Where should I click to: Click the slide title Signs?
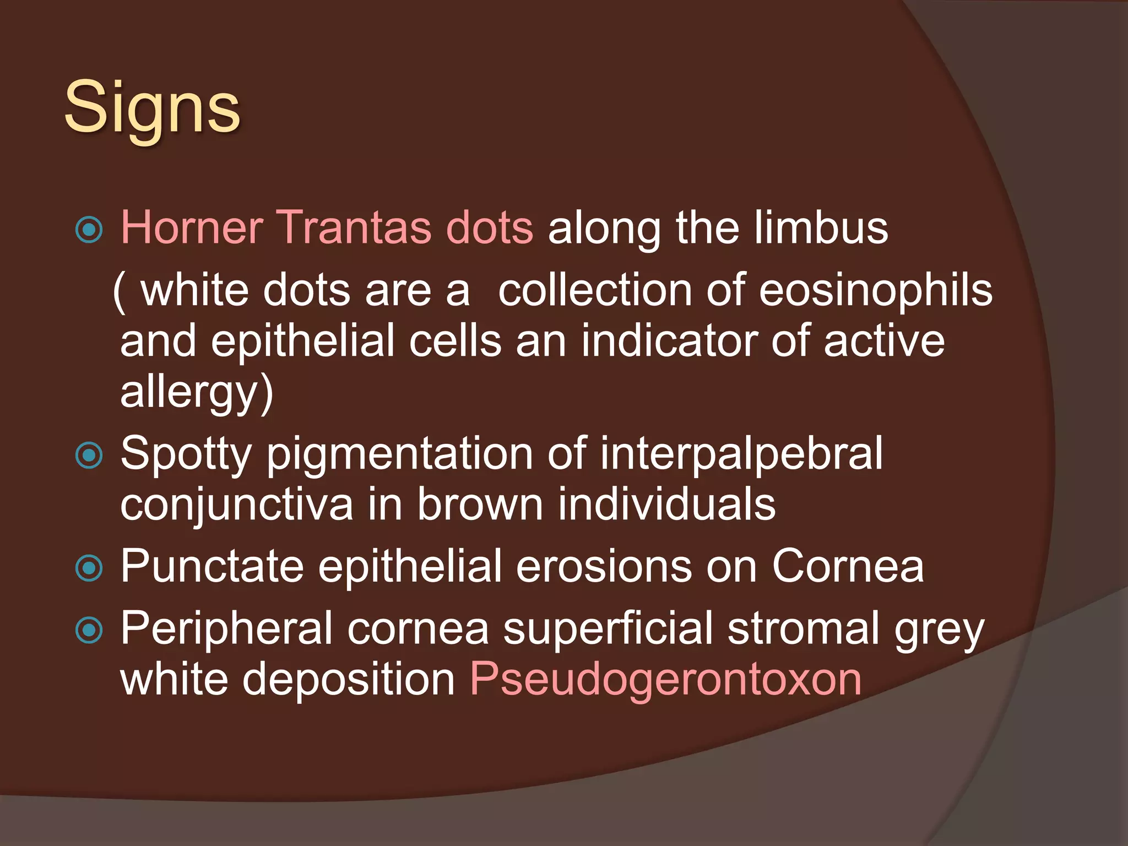[x=152, y=107]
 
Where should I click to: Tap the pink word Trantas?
[x=356, y=227]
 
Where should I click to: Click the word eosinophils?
[x=876, y=291]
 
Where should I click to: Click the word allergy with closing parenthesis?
[x=197, y=392]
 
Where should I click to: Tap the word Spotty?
[x=186, y=454]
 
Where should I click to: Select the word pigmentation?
[x=400, y=454]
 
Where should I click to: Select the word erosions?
[x=604, y=567]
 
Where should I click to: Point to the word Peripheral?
[x=226, y=629]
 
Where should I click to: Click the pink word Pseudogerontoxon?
[x=665, y=680]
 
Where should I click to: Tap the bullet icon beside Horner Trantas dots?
[x=89, y=230]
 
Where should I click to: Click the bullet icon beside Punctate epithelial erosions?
[x=89, y=568]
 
